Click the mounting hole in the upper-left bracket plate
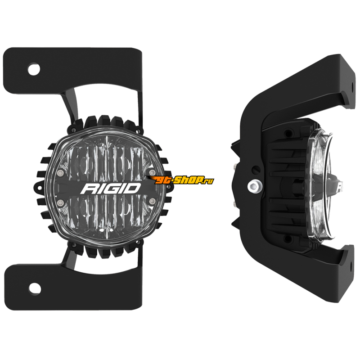coord(34,69)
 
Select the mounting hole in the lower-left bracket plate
coord(35,288)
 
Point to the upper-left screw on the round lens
coord(60,172)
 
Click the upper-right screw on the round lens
coord(151,172)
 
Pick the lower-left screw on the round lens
coord(60,202)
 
